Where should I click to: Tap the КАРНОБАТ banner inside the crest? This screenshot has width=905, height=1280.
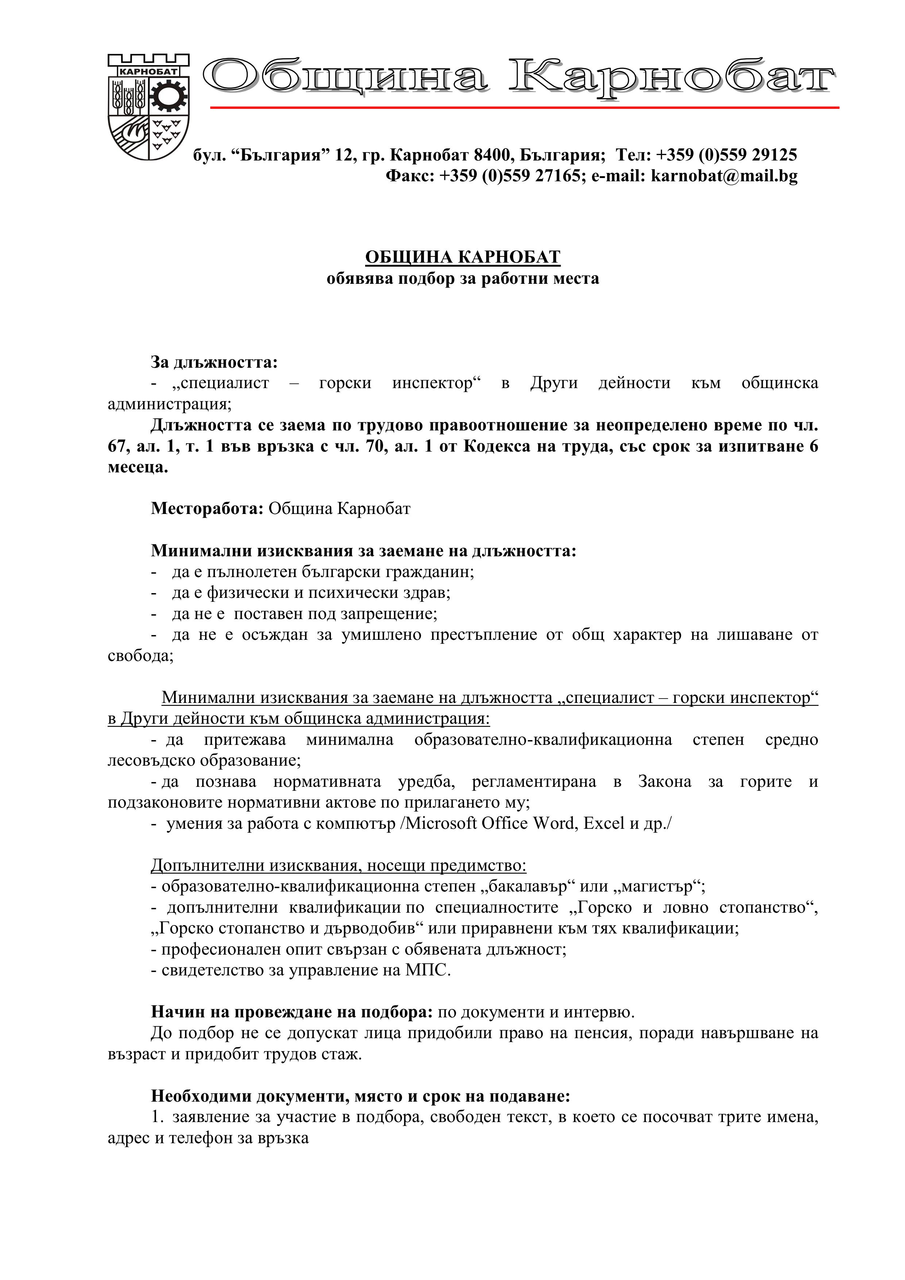tap(148, 71)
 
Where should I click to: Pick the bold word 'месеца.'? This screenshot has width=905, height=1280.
tap(138, 467)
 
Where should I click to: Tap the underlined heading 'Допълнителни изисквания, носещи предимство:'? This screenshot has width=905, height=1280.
tap(339, 865)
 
